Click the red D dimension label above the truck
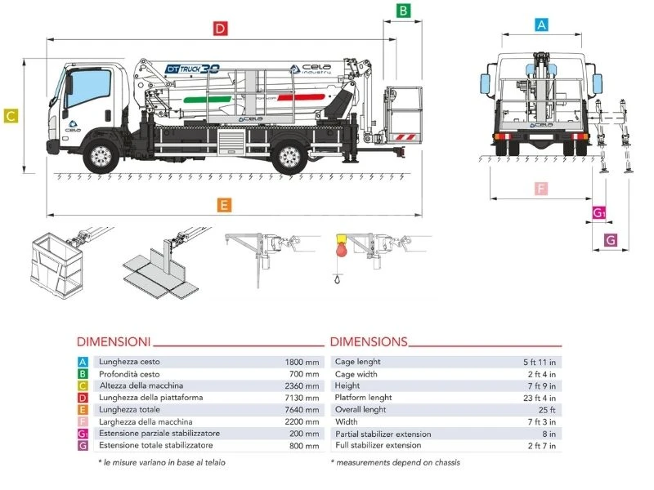(x=219, y=29)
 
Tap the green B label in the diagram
(x=403, y=11)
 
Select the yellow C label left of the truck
(x=11, y=116)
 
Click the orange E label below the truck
(x=224, y=205)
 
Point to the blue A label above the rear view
(x=540, y=24)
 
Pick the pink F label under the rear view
(x=540, y=189)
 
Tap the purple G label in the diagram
(x=610, y=240)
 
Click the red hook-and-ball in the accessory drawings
(x=340, y=249)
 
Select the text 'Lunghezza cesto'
(x=129, y=362)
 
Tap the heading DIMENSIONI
(x=113, y=341)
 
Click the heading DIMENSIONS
(x=368, y=341)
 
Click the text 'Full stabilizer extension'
(x=378, y=445)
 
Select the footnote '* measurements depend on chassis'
(x=395, y=462)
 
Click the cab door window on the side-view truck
(x=79, y=84)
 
